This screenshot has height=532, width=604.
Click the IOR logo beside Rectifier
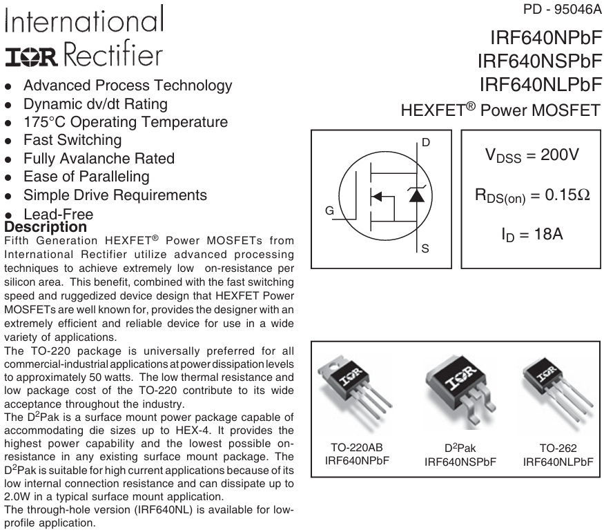[x=31, y=57]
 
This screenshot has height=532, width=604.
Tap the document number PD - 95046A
[x=562, y=9]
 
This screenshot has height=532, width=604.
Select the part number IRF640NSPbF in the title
[x=540, y=61]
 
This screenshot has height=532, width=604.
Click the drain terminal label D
[x=426, y=142]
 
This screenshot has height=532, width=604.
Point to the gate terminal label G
[x=329, y=210]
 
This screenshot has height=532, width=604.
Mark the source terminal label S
[x=425, y=248]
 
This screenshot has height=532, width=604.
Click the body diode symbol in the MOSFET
[x=416, y=194]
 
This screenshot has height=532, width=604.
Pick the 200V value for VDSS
[x=560, y=155]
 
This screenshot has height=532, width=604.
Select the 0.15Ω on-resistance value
[x=567, y=195]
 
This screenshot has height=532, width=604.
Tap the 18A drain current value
[x=549, y=234]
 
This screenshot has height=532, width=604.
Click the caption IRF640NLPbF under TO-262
[x=558, y=462]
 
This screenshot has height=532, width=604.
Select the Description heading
[x=46, y=227]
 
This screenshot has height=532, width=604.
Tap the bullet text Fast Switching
[x=72, y=140]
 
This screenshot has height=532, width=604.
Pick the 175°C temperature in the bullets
[x=45, y=122]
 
